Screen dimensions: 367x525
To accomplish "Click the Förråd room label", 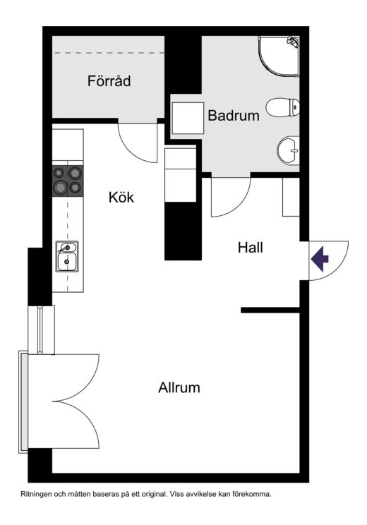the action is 109,81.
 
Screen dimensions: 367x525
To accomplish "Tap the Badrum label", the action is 234,116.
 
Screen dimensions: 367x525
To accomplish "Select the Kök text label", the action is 121,197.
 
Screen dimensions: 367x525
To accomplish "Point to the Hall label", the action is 250,248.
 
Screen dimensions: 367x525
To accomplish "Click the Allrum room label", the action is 179,387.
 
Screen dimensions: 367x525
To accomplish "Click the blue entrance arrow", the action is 320,259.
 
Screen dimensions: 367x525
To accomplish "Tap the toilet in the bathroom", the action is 282,107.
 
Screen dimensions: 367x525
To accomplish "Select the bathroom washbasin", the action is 289,150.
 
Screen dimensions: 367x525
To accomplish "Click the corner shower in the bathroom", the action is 279,56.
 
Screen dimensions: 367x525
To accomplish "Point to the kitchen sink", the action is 67,256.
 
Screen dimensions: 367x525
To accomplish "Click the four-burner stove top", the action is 68,181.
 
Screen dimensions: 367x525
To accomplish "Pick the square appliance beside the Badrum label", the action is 188,118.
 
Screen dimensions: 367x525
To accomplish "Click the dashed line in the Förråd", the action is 108,53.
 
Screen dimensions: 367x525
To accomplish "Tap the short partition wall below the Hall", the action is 270,310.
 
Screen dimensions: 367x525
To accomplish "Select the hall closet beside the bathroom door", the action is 291,197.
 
